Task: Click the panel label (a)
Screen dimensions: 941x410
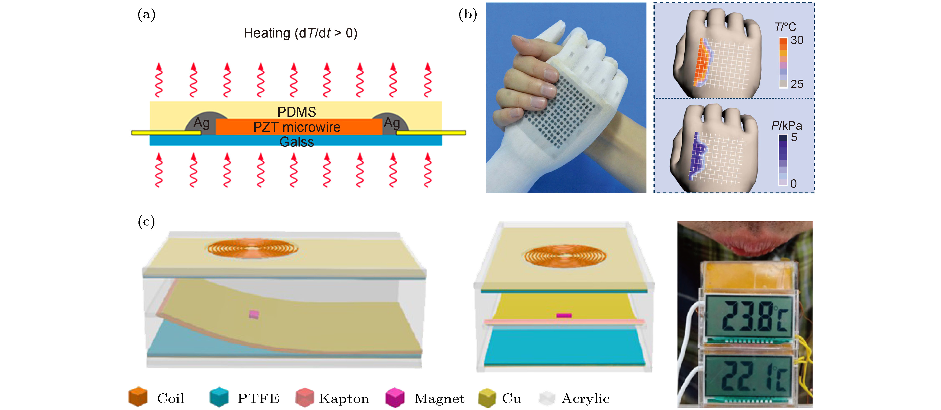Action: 146,15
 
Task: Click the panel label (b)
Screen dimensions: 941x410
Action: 468,15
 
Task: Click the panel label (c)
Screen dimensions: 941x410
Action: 146,222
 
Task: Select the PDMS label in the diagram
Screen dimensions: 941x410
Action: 297,112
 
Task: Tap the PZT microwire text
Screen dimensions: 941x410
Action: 297,127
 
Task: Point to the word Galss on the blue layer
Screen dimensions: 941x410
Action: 297,142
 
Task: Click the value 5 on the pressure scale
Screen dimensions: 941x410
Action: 794,137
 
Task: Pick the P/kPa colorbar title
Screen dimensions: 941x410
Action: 787,126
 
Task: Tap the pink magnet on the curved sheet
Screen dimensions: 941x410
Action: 254,314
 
